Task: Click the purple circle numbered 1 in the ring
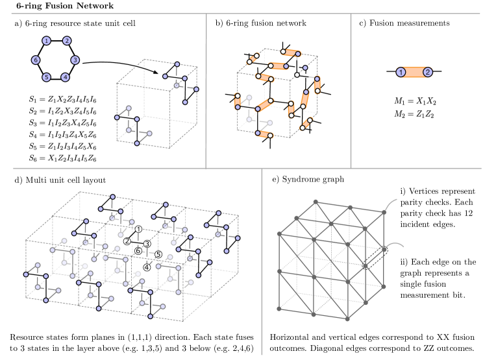[46, 41]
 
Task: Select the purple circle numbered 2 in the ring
[67, 41]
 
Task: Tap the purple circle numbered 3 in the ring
[75, 60]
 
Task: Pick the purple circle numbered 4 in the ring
[66, 77]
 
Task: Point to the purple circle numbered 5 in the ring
[46, 77]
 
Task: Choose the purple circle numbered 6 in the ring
[36, 60]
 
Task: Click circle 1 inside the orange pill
[401, 72]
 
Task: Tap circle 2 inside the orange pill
[427, 72]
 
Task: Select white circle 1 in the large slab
[138, 229]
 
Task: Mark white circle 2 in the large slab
[127, 241]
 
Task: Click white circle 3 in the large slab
[147, 244]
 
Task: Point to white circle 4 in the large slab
[147, 267]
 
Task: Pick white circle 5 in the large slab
[158, 254]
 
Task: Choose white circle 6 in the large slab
[138, 251]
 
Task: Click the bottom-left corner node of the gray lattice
[279, 308]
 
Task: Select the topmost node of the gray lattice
[316, 202]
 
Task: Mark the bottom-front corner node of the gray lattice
[347, 318]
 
